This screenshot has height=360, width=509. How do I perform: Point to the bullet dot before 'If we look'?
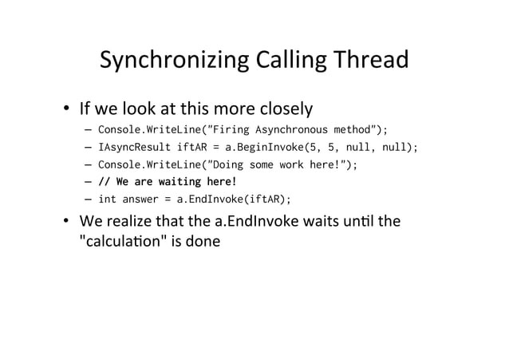(x=69, y=108)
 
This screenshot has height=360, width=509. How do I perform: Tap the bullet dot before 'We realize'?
(x=69, y=221)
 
